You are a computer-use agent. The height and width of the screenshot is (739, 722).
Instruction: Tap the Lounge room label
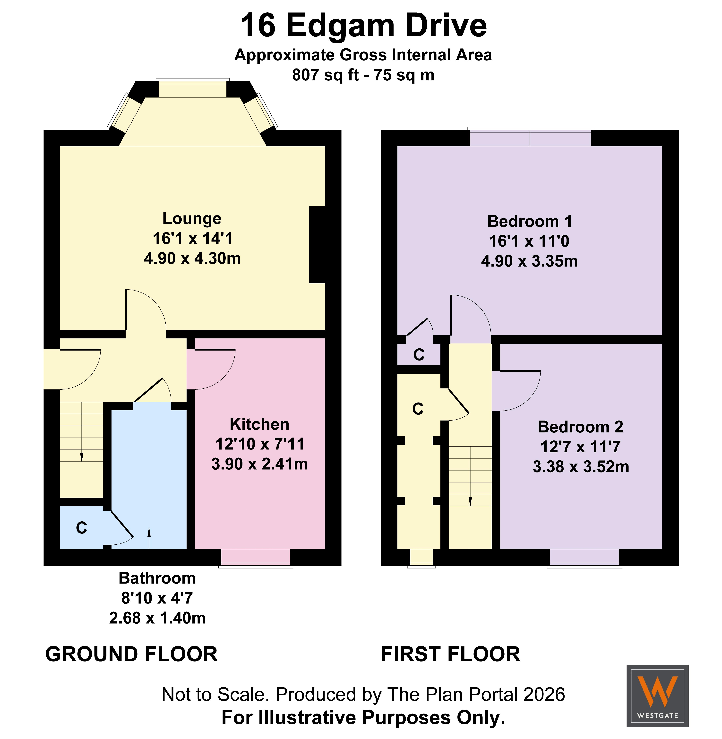tap(192, 219)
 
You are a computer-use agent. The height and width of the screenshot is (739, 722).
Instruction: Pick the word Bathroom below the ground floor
tap(157, 578)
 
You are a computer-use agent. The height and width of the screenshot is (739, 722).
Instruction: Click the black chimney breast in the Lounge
tap(317, 245)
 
